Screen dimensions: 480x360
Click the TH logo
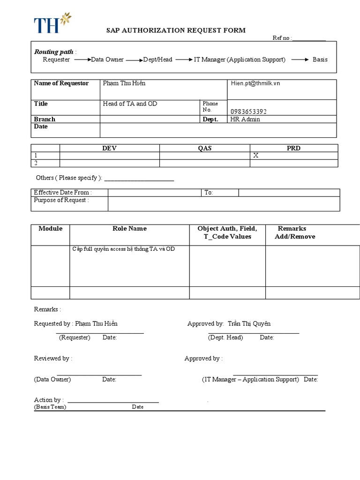point(52,23)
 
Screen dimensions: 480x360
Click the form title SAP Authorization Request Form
point(176,30)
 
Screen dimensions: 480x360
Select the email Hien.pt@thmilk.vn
point(255,83)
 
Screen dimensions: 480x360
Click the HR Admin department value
point(245,119)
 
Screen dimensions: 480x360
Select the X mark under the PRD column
point(256,156)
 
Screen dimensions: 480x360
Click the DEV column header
point(109,148)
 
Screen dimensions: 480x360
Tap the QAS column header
point(204,148)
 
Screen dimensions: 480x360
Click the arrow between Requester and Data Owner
point(82,60)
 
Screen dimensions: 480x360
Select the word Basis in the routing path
point(320,60)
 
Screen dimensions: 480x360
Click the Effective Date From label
point(63,193)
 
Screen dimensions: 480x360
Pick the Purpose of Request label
point(61,200)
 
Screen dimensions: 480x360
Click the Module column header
point(50,229)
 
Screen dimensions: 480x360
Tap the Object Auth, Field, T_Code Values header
point(227,232)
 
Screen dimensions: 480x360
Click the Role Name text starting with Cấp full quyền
point(123,249)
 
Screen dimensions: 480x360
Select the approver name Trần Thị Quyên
point(249,323)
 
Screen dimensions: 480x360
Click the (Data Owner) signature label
point(52,379)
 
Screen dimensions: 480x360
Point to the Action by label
point(48,400)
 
